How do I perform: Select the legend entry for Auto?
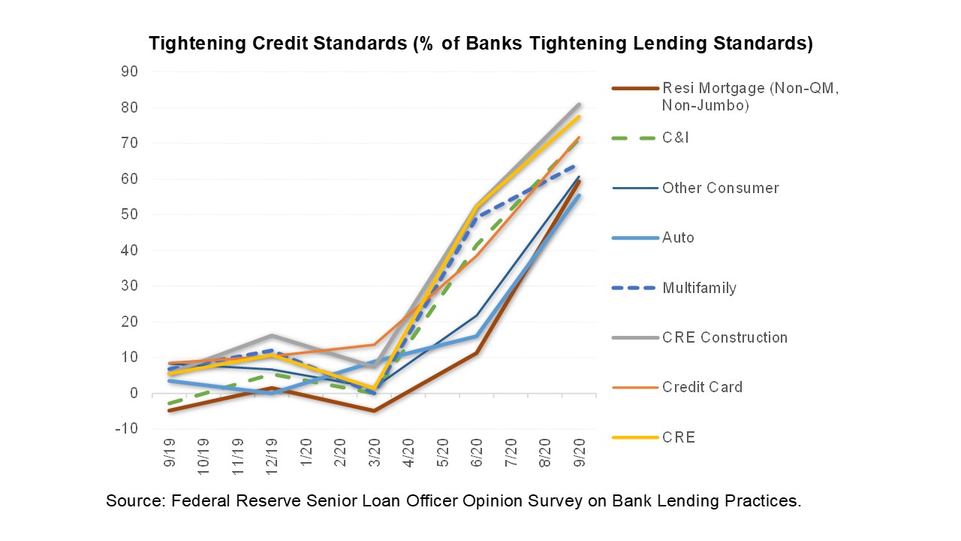678,237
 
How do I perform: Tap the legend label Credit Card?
702,387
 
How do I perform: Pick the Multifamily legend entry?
699,288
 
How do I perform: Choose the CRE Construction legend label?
725,337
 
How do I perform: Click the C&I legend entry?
675,138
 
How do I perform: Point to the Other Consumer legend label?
720,188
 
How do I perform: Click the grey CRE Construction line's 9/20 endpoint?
579,104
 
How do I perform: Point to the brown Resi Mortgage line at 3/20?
374,411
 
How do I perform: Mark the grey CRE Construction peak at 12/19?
272,335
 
